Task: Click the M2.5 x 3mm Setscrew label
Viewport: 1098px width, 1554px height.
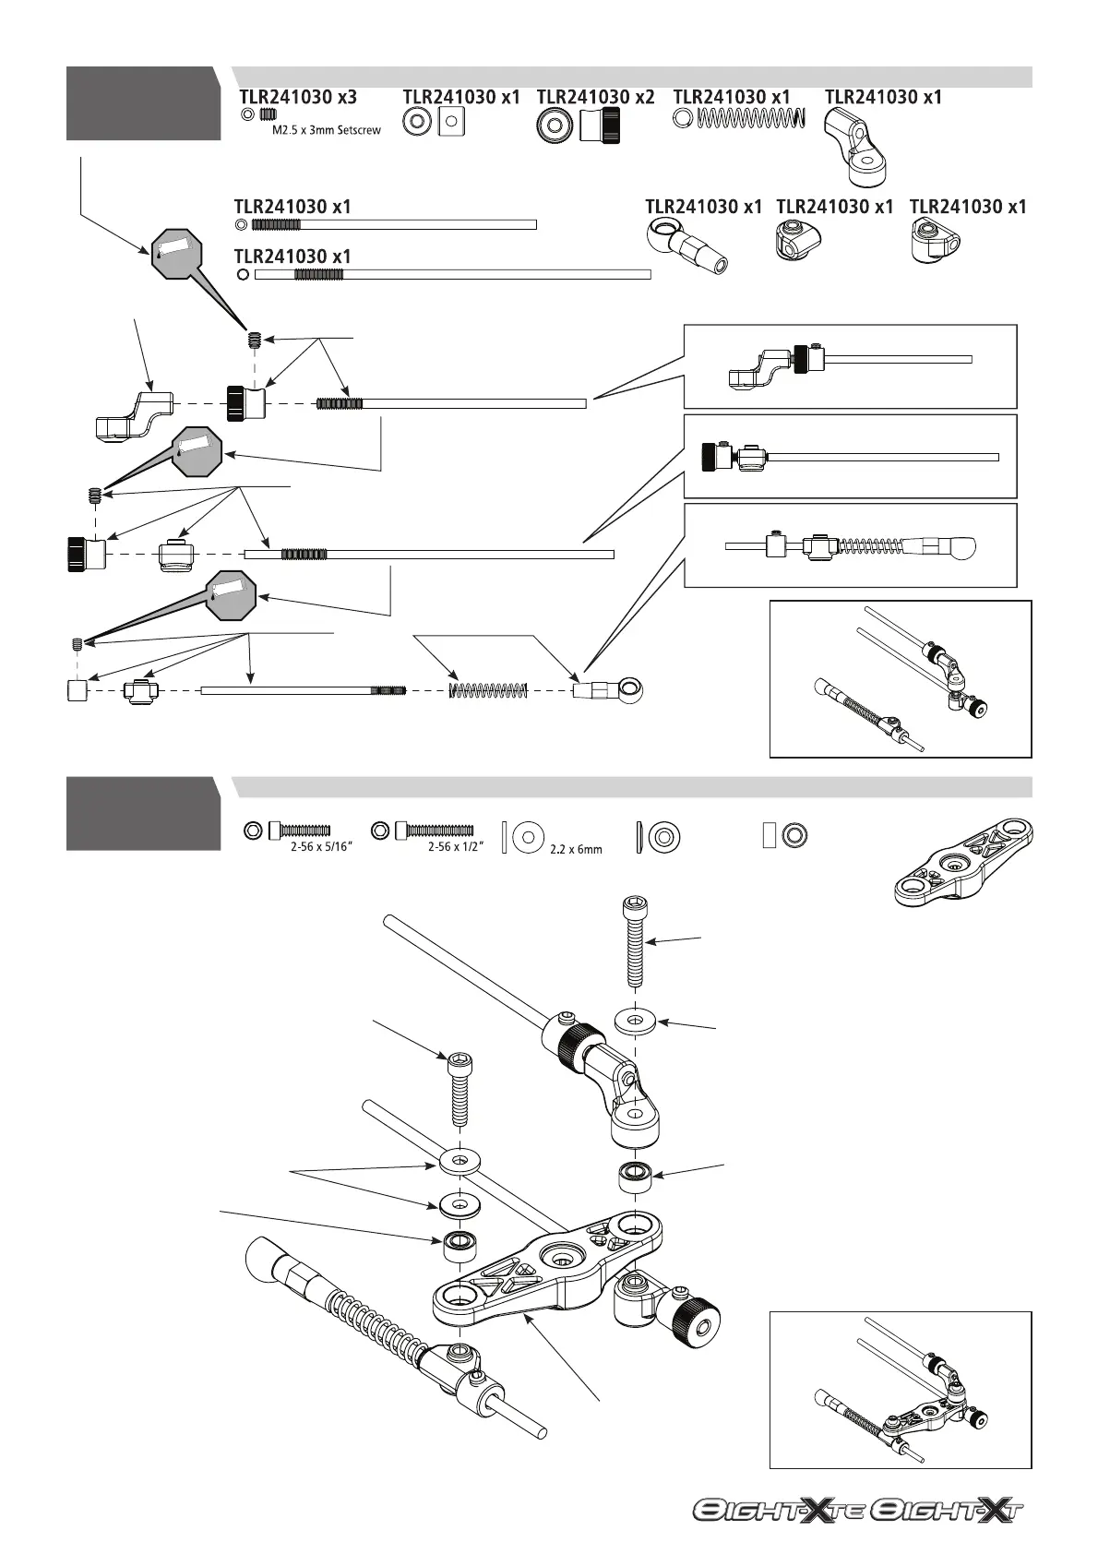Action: [x=326, y=131]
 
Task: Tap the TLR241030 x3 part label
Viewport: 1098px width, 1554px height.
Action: [x=297, y=97]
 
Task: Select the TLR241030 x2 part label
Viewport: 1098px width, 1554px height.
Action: [x=595, y=97]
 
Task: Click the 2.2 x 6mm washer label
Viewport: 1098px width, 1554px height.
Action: [x=575, y=849]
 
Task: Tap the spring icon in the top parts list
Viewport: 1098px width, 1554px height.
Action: [x=749, y=118]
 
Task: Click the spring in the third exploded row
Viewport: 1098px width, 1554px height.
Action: [x=487, y=689]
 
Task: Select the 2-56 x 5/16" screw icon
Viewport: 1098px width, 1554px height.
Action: [x=298, y=831]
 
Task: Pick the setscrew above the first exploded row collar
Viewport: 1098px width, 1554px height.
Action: [x=252, y=340]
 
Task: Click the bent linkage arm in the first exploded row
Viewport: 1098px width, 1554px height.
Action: [x=135, y=416]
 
